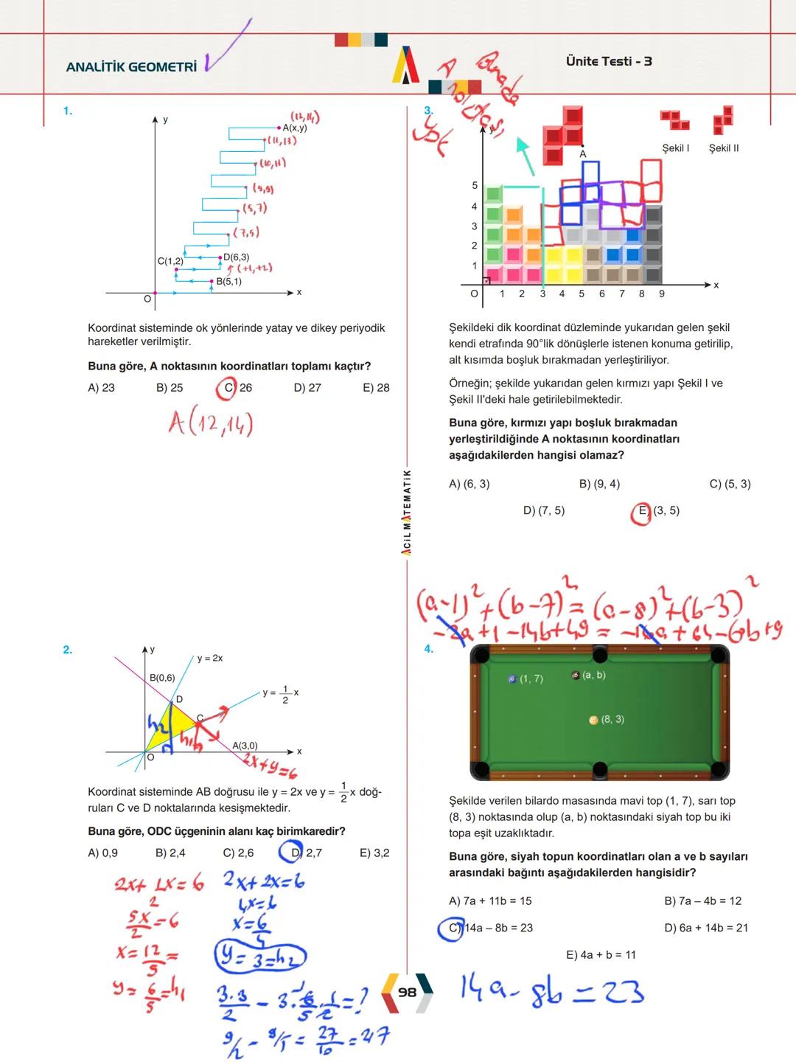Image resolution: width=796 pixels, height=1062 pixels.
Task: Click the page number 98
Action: pos(407,992)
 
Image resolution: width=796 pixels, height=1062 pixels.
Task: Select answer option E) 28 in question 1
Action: pos(376,388)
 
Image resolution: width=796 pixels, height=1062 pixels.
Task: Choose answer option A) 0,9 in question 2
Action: pos(102,853)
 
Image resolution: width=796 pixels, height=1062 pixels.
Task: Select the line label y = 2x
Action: pos(210,658)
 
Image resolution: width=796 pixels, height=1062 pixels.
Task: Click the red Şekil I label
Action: pos(675,148)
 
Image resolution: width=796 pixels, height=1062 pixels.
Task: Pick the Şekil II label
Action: pos(723,148)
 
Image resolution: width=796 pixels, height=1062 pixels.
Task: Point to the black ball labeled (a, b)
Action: pos(576,676)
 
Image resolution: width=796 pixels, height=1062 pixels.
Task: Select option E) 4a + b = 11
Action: pos(601,955)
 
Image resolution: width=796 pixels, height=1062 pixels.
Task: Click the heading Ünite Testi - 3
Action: pos(609,61)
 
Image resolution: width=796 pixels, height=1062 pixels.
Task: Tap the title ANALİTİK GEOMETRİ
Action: pos(131,67)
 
